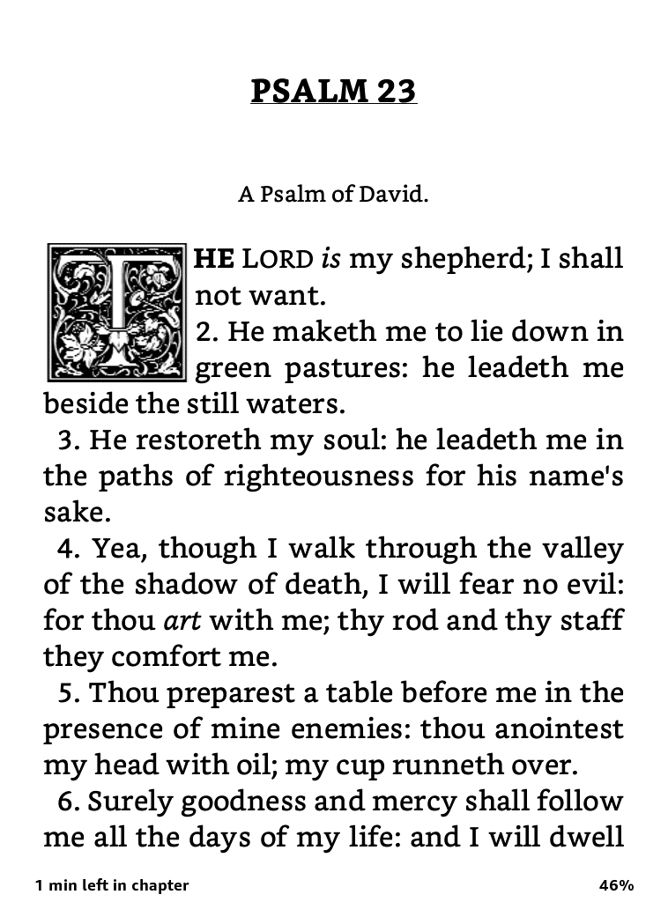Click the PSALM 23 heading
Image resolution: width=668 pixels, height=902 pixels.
pos(333,91)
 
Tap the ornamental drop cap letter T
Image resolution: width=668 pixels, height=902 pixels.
pos(116,313)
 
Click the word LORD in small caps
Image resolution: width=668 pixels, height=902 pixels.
pos(277,259)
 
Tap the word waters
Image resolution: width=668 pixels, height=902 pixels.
pos(298,404)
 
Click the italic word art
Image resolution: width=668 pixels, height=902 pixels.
pos(182,621)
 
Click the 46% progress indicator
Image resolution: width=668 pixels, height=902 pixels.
pos(616,885)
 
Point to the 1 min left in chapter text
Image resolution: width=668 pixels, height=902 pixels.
pos(112,885)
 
